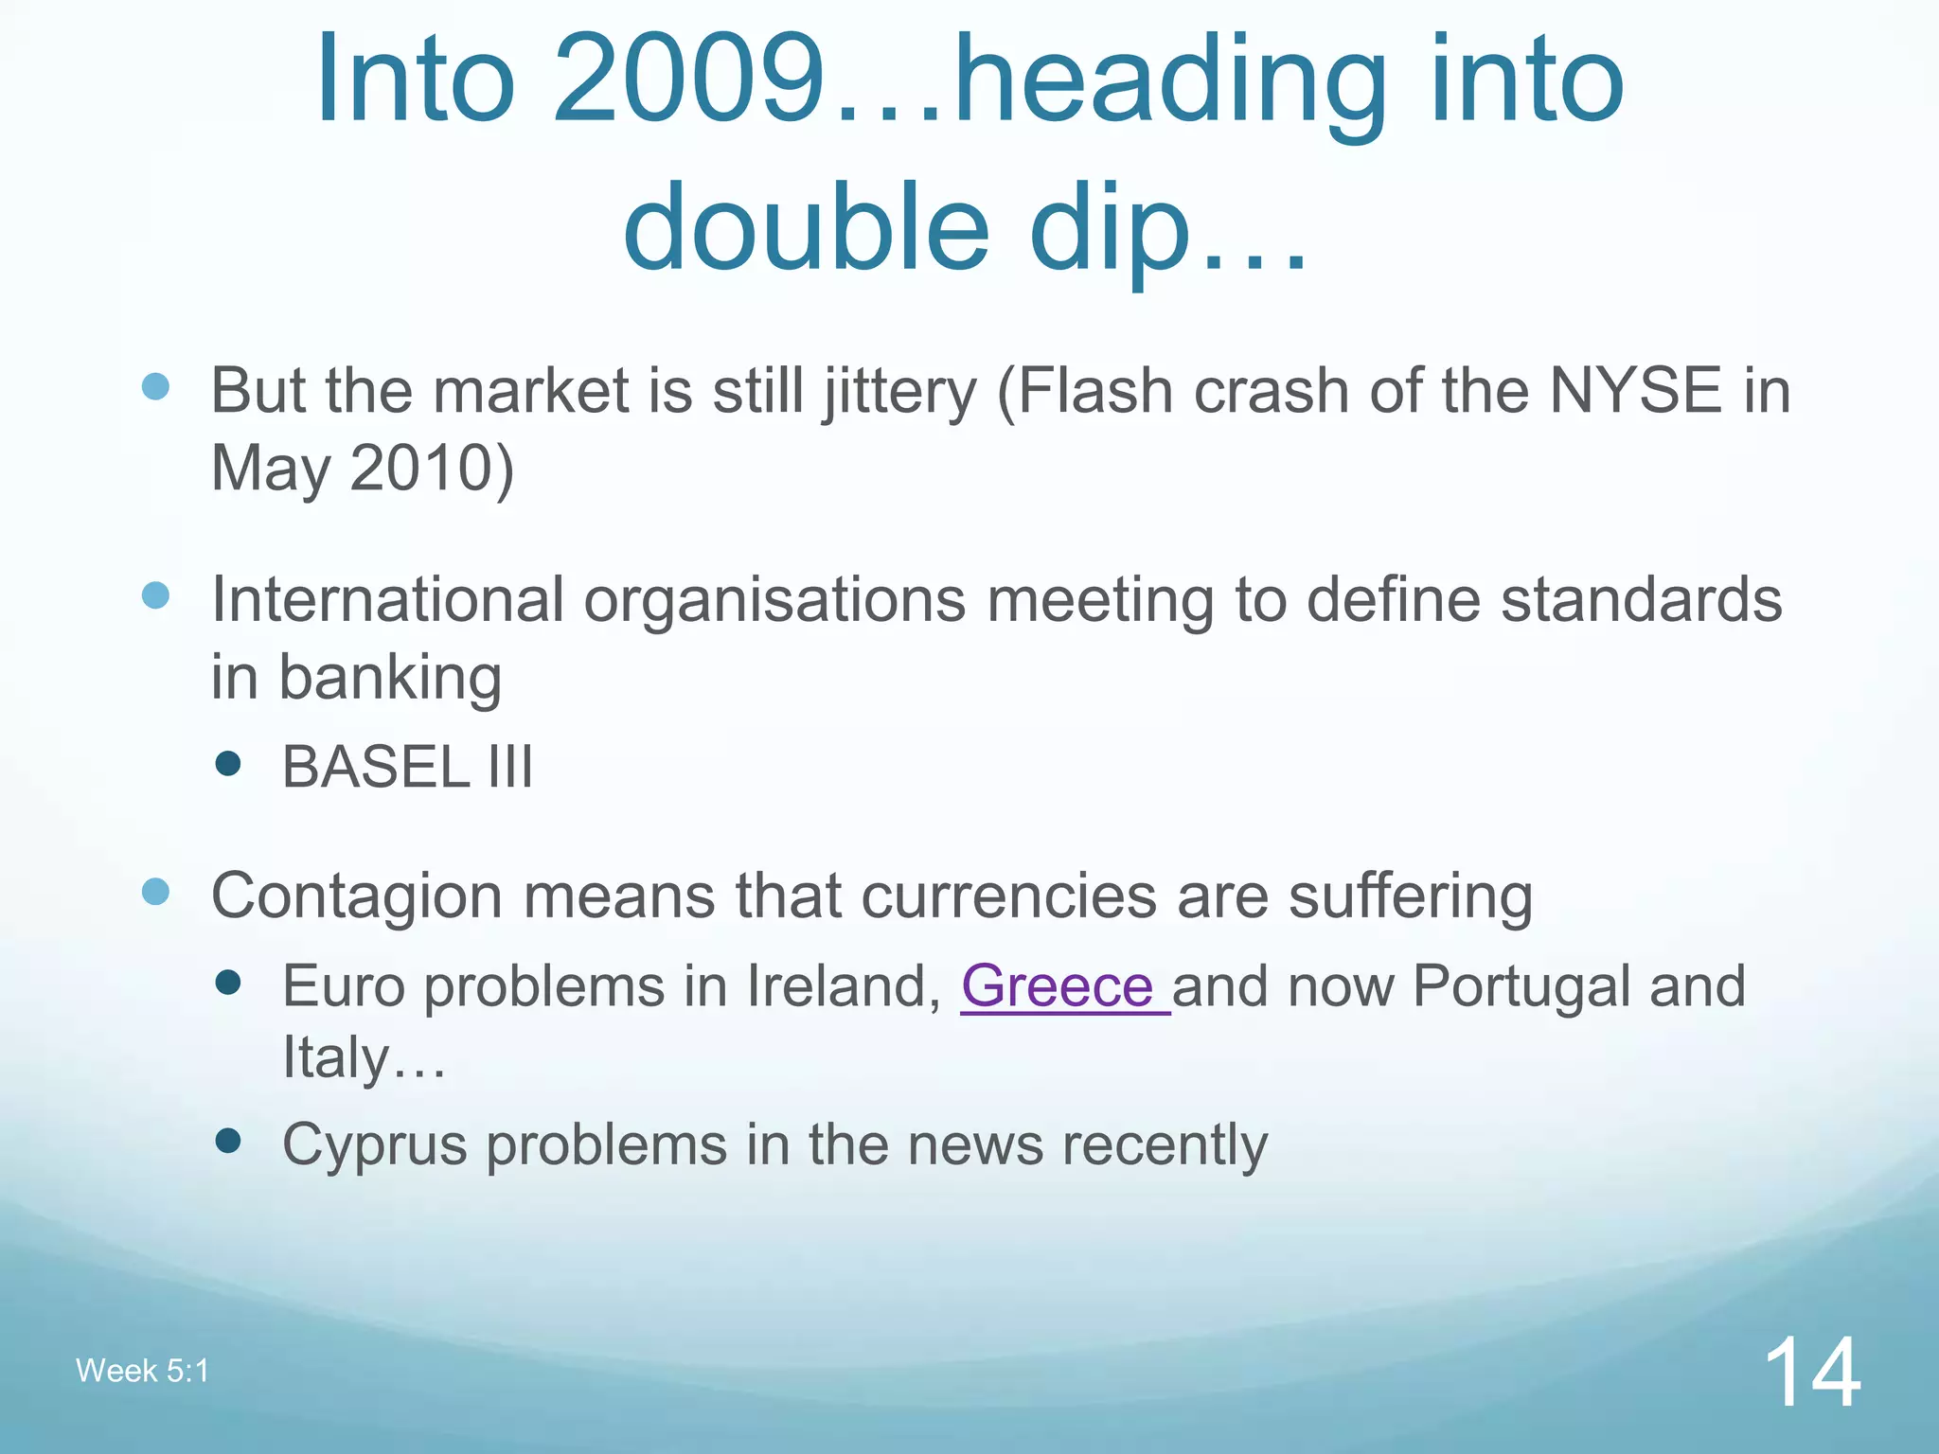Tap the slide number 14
(1811, 1372)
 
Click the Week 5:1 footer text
(142, 1371)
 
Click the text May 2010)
(362, 468)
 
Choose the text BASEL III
(407, 766)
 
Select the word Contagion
(356, 896)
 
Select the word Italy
(335, 1057)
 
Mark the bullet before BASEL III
(227, 763)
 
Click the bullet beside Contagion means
(155, 891)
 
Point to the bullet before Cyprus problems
(227, 1141)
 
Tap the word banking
(390, 679)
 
